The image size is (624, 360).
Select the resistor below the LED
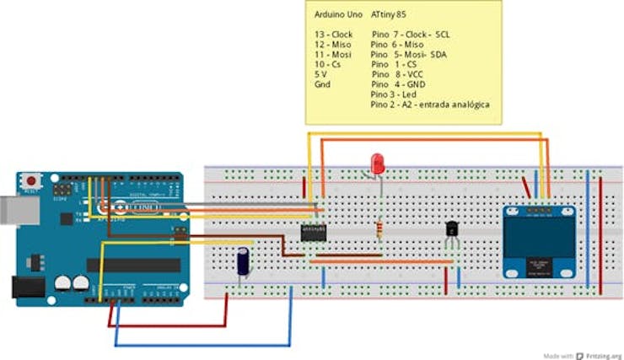point(379,228)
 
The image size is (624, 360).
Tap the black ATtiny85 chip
point(314,232)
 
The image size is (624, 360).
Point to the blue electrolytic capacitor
point(243,261)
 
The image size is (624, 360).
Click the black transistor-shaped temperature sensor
point(453,229)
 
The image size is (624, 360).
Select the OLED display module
point(540,241)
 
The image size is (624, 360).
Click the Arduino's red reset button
point(32,180)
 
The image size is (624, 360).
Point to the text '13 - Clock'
point(333,35)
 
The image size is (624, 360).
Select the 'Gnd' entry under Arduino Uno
point(322,84)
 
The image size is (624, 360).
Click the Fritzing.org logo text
point(599,356)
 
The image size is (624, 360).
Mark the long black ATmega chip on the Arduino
point(133,265)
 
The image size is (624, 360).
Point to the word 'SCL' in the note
point(443,35)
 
